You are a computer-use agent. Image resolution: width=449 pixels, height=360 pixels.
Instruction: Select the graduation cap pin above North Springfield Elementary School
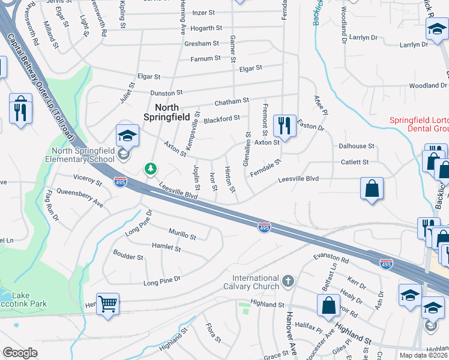[127, 137]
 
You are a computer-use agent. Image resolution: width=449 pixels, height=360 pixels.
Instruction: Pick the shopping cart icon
[107, 304]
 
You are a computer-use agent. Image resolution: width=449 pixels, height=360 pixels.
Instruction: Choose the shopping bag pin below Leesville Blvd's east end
[372, 188]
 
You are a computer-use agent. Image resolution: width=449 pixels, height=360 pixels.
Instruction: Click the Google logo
[20, 353]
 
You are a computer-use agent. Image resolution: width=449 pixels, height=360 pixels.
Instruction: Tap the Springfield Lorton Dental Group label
[419, 124]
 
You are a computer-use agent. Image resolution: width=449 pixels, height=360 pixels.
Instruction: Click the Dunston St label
[166, 94]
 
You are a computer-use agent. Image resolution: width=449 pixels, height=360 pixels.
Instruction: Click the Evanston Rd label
[331, 259]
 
